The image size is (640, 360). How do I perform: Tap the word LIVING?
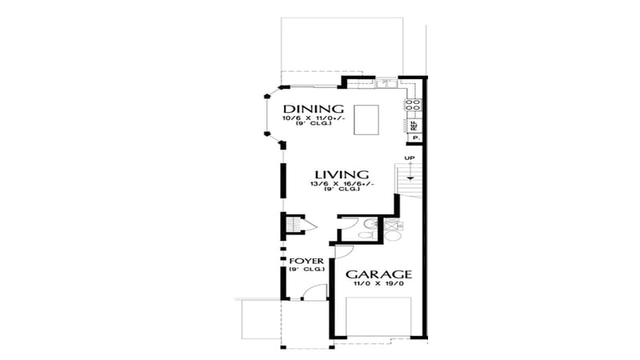(x=341, y=174)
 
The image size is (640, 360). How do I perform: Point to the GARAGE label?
(x=378, y=274)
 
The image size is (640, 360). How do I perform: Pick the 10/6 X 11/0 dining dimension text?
(x=313, y=119)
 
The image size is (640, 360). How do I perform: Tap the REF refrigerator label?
(x=414, y=125)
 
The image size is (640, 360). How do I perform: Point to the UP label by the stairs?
(x=409, y=157)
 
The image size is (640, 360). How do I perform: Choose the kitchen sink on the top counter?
(x=385, y=82)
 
